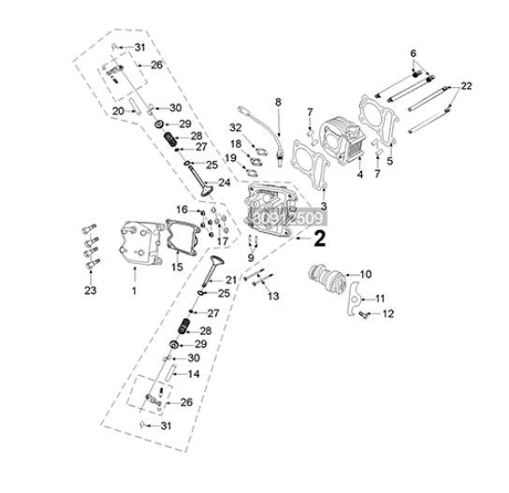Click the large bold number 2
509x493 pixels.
(x=320, y=239)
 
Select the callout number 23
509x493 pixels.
(x=91, y=290)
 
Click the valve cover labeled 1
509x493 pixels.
(x=141, y=243)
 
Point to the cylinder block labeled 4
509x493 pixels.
(x=342, y=140)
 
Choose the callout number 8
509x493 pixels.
(x=278, y=102)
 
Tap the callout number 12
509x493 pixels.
(x=388, y=313)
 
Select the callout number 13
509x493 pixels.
(x=273, y=296)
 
